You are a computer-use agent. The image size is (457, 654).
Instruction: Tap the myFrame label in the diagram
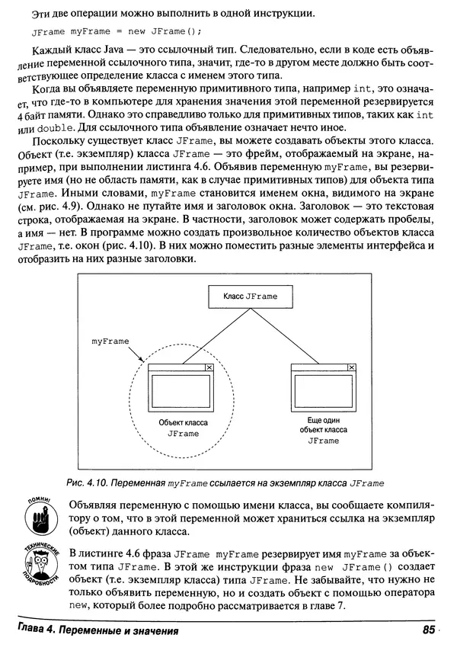(110, 341)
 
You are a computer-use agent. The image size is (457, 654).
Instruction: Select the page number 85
(426, 631)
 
